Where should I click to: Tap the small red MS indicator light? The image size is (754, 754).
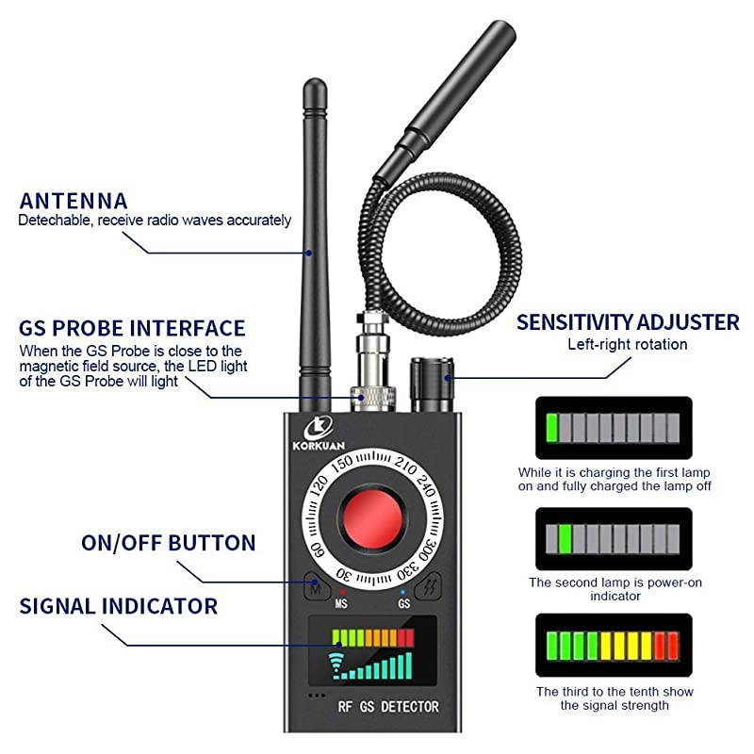point(342,591)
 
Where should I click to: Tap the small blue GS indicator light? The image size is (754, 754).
point(403,591)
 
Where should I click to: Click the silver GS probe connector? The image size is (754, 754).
point(369,368)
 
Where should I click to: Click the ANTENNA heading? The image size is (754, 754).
point(73,200)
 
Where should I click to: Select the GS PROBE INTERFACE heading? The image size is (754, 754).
point(132,328)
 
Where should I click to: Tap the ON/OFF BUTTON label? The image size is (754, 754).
point(168,543)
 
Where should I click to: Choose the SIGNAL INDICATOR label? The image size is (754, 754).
point(118,605)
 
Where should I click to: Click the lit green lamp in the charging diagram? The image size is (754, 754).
point(551,428)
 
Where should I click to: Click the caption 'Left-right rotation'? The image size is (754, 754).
point(627,344)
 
